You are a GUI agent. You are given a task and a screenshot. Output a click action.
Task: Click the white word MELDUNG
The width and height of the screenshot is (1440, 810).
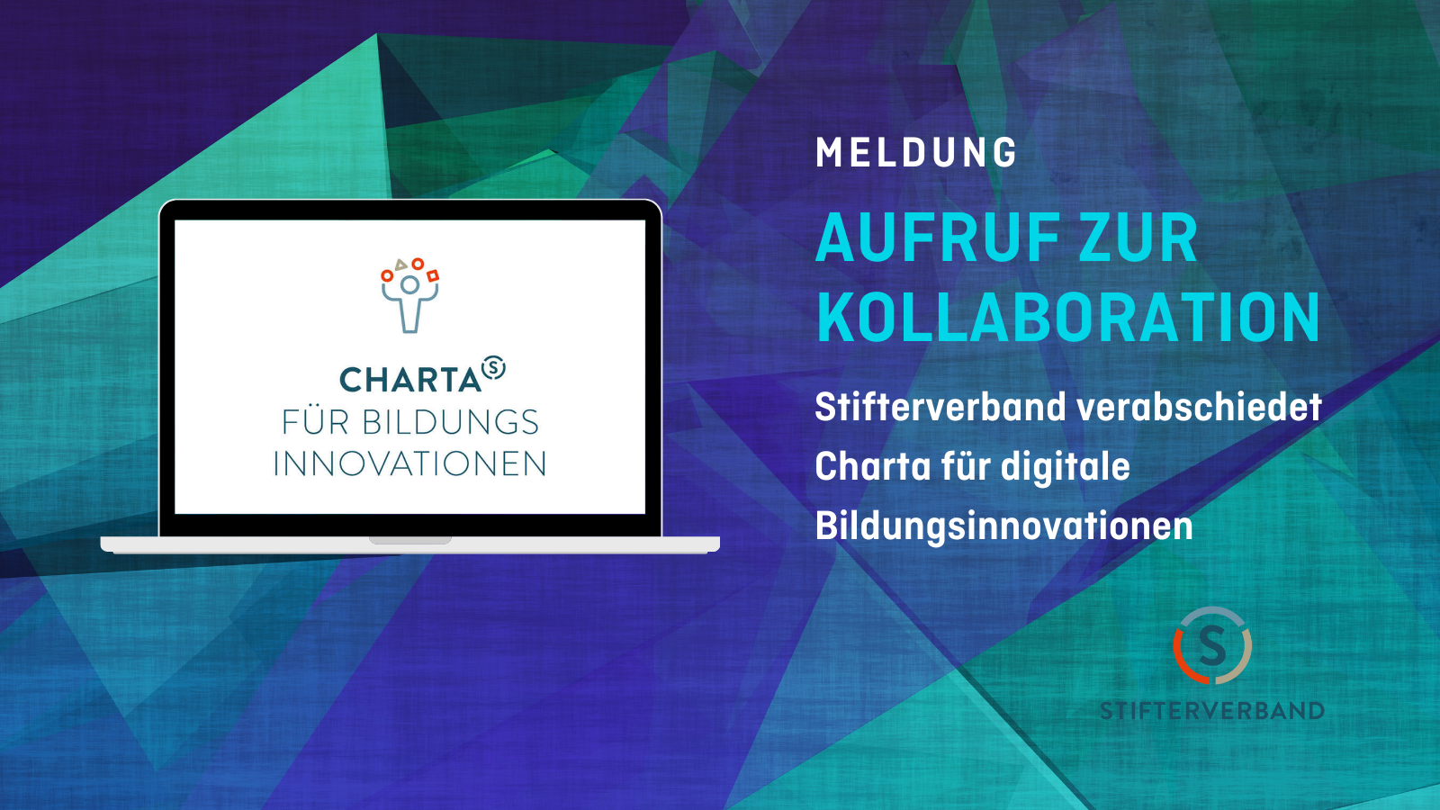point(916,152)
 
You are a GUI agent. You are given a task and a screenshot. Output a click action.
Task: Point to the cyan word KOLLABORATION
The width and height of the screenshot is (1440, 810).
point(1067,319)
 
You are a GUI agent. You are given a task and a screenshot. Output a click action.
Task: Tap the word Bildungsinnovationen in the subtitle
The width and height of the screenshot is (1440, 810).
point(1004,526)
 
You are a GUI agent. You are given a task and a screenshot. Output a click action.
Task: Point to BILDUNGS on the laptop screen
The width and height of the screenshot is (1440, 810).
point(450,422)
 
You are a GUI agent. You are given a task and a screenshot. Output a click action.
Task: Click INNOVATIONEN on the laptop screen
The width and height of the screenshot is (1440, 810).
point(409,464)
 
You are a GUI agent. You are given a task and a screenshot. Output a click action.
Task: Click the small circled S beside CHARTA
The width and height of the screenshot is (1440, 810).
point(494,367)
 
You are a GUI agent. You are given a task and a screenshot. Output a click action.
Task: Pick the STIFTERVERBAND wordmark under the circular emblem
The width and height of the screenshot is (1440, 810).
point(1212,710)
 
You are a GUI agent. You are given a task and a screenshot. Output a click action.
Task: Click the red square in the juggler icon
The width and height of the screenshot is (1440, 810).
point(433,275)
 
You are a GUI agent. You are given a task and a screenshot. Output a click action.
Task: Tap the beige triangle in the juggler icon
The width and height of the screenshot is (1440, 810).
point(401,265)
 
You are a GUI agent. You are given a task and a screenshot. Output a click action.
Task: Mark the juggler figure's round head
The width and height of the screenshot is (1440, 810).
point(409,284)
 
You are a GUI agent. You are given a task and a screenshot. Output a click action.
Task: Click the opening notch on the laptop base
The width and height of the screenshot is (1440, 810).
point(410,541)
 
